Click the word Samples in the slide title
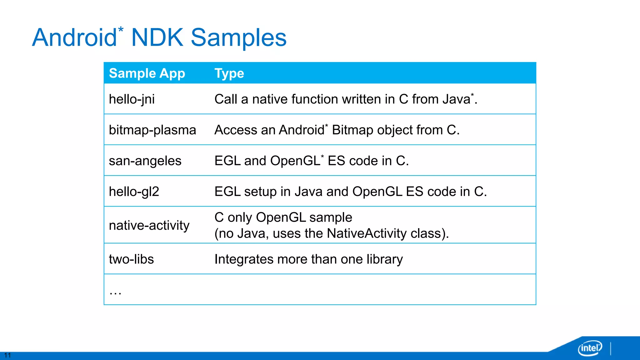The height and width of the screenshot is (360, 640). point(238,38)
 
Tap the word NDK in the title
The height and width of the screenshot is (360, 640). point(157,38)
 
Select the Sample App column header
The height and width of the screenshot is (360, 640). point(147,73)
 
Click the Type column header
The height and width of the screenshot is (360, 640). point(229,73)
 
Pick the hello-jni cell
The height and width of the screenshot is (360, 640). point(132,99)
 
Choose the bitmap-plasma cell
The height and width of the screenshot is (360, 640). point(152,130)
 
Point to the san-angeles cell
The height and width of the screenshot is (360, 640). point(145,161)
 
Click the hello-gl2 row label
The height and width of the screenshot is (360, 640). point(134,192)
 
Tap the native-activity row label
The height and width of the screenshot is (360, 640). point(149,225)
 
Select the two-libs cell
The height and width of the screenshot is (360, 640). point(131,259)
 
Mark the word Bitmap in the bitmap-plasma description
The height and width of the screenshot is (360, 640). point(352,130)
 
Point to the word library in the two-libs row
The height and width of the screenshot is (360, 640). point(385,259)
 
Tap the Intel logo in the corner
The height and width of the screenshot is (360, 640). point(590,348)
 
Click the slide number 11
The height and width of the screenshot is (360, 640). point(7,355)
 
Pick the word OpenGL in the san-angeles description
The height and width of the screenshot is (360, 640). point(295,161)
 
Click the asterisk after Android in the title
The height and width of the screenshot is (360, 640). point(121,30)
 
